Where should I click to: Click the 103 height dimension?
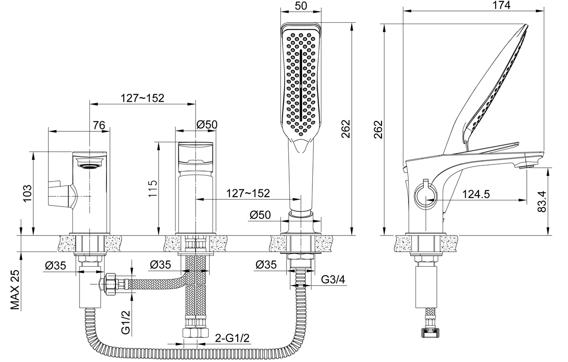click(27, 193)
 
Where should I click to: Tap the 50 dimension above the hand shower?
click(302, 5)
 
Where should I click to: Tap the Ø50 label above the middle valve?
click(206, 125)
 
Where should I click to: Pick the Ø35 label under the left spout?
click(56, 266)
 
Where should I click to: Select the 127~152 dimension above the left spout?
click(142, 98)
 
